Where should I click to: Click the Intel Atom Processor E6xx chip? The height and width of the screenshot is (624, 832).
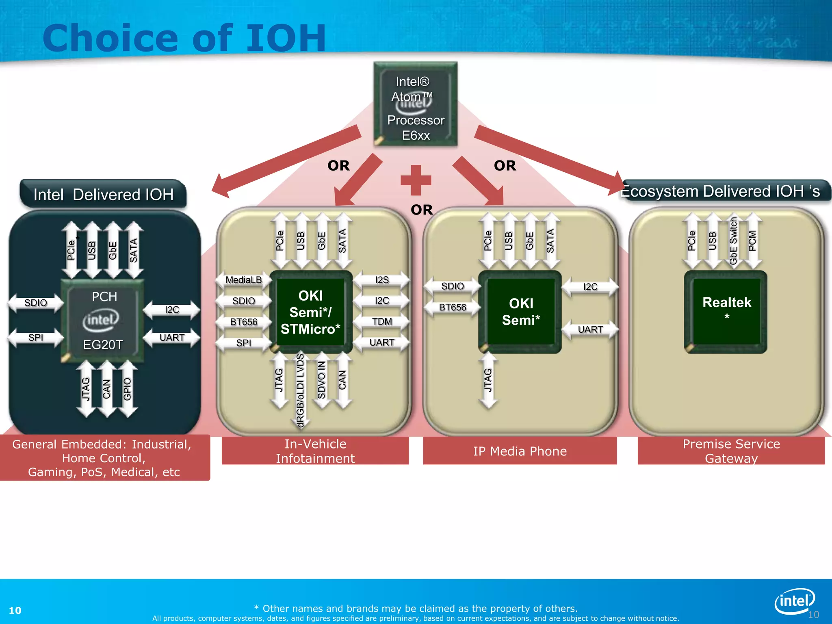pyautogui.click(x=416, y=104)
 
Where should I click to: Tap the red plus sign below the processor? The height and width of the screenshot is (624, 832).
pyautogui.click(x=416, y=180)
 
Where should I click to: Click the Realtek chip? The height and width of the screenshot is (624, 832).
pyautogui.click(x=726, y=312)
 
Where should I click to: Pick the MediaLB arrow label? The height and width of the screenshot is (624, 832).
pyautogui.click(x=243, y=280)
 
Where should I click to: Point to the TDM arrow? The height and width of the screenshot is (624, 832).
pyautogui.click(x=382, y=322)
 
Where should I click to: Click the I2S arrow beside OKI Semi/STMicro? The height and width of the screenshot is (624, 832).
pyautogui.click(x=382, y=280)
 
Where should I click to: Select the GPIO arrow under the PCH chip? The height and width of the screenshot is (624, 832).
pyautogui.click(x=127, y=389)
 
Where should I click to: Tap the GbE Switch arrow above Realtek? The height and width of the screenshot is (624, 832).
pyautogui.click(x=733, y=240)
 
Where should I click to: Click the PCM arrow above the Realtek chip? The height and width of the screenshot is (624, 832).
pyautogui.click(x=752, y=240)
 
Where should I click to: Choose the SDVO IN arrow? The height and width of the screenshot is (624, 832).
pyautogui.click(x=321, y=380)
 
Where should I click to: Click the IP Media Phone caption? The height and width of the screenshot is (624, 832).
pyautogui.click(x=520, y=451)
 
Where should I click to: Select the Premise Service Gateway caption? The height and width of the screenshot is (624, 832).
pyautogui.click(x=731, y=451)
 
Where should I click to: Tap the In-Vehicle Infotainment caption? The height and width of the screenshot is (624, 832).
pyautogui.click(x=315, y=451)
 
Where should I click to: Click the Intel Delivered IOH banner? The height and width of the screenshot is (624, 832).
pyautogui.click(x=103, y=195)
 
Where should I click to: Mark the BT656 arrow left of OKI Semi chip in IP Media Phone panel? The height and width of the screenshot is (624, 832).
pyautogui.click(x=452, y=307)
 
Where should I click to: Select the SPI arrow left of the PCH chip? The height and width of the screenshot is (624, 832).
pyautogui.click(x=36, y=338)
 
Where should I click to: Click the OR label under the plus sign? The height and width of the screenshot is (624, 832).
pyautogui.click(x=422, y=210)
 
